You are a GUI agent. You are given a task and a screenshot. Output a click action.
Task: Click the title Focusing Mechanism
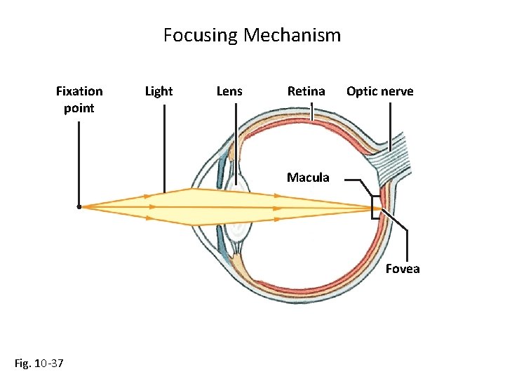coord(252,35)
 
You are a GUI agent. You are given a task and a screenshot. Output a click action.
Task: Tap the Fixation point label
coord(79,100)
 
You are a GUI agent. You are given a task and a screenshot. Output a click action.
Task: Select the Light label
coord(159,91)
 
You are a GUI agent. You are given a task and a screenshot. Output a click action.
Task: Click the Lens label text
coord(229,91)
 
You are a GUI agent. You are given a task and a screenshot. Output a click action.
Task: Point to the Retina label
coord(306,91)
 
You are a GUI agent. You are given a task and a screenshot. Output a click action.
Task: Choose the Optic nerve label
coord(379,91)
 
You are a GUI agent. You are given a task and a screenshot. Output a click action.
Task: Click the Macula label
coord(307,178)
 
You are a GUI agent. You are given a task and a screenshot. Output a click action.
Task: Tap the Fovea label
coord(402,269)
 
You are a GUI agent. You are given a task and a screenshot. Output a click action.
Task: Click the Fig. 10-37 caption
coord(39,363)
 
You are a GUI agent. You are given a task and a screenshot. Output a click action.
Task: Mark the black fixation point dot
coord(79,207)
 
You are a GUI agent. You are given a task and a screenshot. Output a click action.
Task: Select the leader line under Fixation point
coord(79,161)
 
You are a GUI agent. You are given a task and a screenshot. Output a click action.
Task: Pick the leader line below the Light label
coord(164,147)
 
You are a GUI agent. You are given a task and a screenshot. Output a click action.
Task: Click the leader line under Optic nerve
coord(391,123)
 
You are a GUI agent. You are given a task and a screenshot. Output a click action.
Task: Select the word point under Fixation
coord(79,108)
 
